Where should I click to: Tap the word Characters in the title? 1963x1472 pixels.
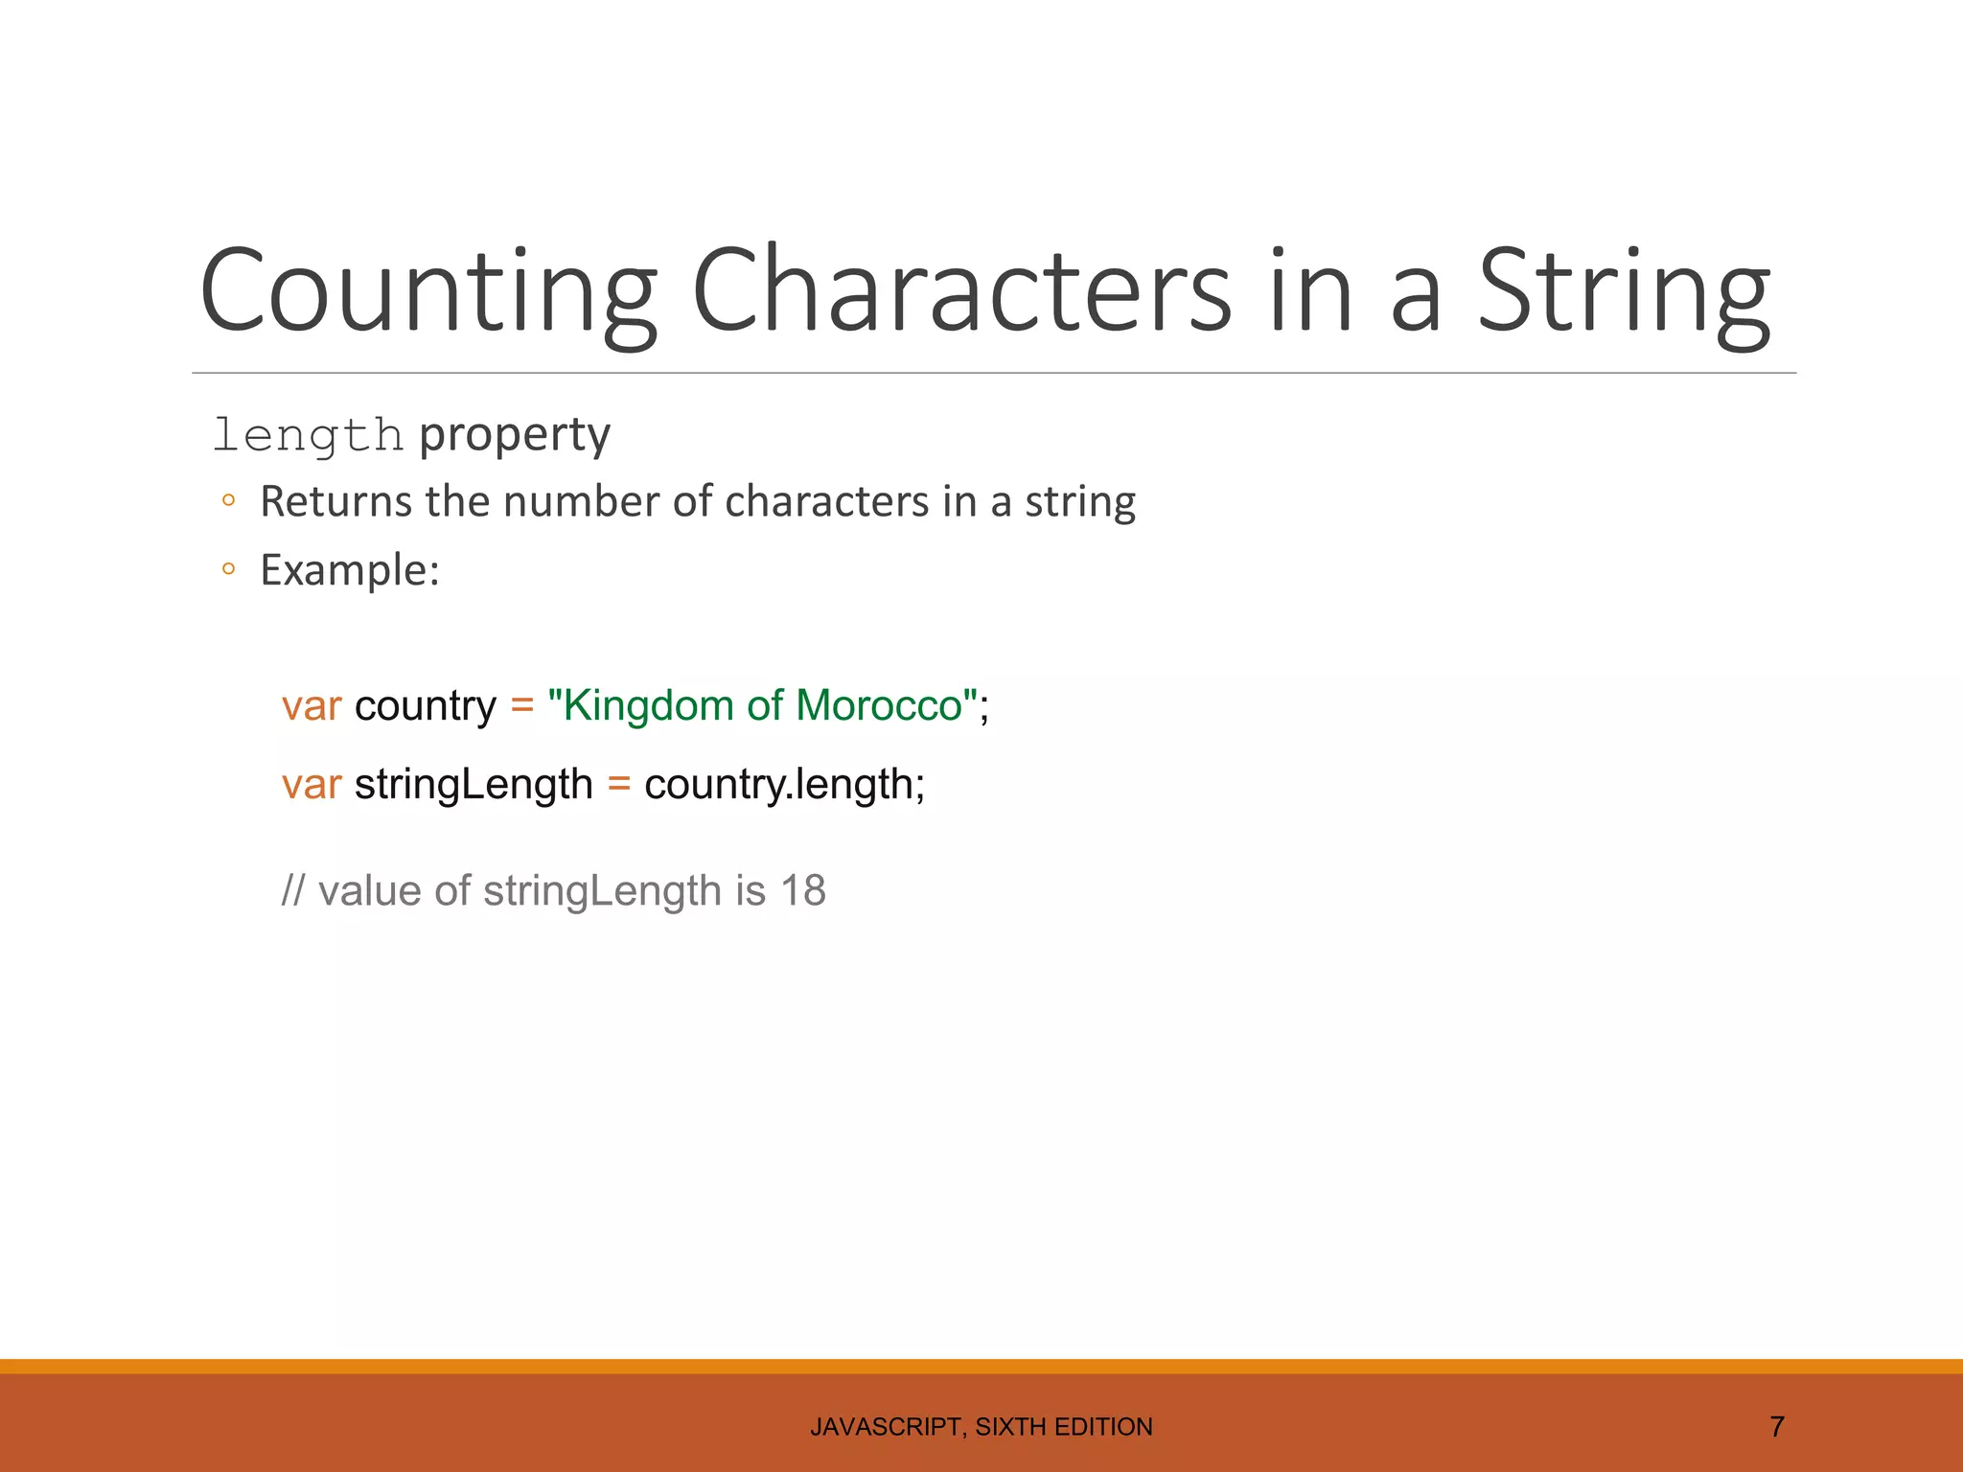click(x=960, y=291)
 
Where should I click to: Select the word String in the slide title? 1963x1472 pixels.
click(x=1624, y=291)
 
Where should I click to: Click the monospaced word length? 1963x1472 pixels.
click(x=308, y=436)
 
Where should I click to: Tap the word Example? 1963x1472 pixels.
click(x=350, y=570)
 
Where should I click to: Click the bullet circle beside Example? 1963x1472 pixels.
click(x=228, y=569)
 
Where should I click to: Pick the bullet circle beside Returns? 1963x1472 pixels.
click(x=228, y=500)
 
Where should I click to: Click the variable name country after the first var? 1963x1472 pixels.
click(x=426, y=706)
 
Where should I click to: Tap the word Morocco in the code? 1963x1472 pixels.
click(x=879, y=706)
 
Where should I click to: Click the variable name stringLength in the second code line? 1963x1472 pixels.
click(x=473, y=785)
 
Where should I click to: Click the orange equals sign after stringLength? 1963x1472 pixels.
click(x=619, y=785)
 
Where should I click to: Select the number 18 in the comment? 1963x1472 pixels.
click(x=803, y=891)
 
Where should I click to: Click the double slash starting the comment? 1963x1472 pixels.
click(x=292, y=891)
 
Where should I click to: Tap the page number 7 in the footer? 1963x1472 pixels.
click(x=1776, y=1427)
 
